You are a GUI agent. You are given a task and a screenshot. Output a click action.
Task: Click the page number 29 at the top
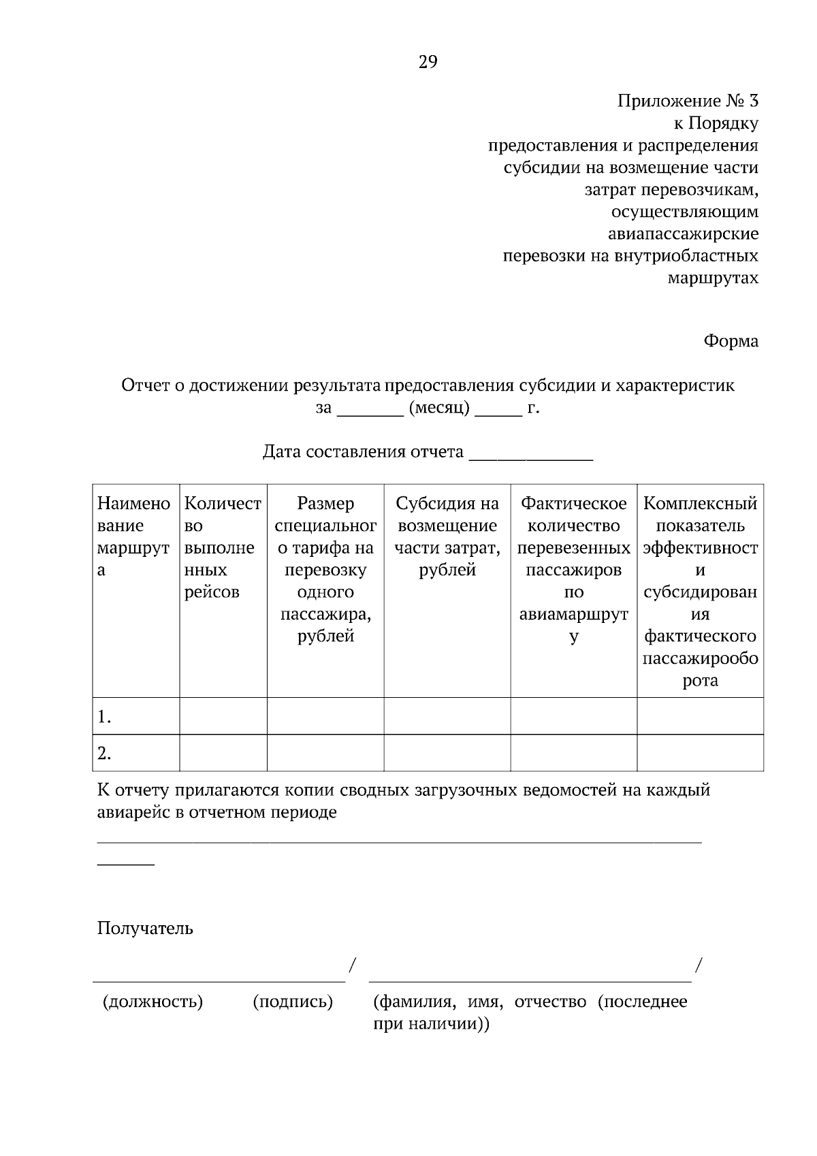click(428, 63)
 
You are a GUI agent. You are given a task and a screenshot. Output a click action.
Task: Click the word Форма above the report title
click(731, 341)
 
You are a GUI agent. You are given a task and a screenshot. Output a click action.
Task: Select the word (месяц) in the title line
click(439, 408)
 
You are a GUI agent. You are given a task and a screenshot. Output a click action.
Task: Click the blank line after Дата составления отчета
click(531, 453)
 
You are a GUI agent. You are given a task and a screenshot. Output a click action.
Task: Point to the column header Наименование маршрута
click(135, 536)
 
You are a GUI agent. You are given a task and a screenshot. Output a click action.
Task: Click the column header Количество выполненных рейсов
click(223, 547)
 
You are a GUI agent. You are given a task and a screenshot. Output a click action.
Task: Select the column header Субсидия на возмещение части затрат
click(447, 536)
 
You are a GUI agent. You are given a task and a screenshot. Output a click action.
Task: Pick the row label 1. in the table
click(104, 717)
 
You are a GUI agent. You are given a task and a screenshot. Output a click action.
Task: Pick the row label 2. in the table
click(104, 754)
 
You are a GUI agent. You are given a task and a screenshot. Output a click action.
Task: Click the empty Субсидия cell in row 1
click(447, 716)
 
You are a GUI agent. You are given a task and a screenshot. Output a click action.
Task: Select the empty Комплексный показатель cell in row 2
click(700, 753)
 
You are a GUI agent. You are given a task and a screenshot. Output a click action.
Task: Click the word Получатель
click(144, 929)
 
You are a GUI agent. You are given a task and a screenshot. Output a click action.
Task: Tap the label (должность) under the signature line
click(153, 1002)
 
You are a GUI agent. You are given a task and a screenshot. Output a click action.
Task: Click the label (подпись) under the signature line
click(293, 1002)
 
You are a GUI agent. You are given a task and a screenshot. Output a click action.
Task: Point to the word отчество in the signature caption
click(550, 1002)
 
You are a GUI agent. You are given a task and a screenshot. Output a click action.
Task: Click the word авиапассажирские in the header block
click(683, 234)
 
